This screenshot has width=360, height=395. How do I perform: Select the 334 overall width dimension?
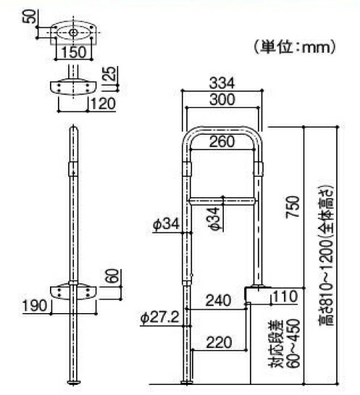pyautogui.click(x=221, y=82)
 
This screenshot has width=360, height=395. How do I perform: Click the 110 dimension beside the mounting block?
pyautogui.click(x=285, y=296)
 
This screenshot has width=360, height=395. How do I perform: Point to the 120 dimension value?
pyautogui.click(x=101, y=104)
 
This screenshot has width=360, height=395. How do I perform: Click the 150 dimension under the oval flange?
pyautogui.click(x=73, y=52)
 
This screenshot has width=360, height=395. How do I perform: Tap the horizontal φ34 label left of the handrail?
pyautogui.click(x=166, y=225)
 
